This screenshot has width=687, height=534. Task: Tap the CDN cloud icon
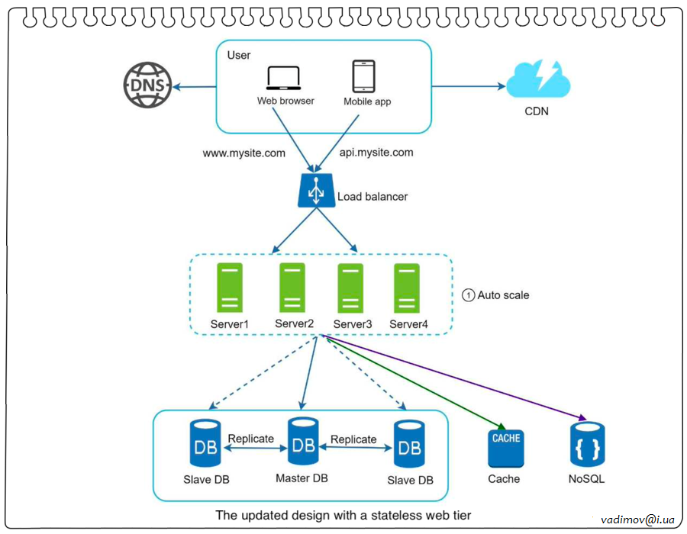coord(537,79)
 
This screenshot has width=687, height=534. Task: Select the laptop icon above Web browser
coord(283,79)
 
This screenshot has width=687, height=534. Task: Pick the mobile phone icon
coord(363,76)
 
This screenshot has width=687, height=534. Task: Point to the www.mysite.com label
coord(244,153)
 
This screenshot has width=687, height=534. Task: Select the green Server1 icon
coord(230,288)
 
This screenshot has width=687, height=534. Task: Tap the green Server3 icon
coord(350,288)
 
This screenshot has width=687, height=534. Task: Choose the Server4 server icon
coord(406,288)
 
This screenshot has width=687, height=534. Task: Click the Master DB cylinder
coord(302,443)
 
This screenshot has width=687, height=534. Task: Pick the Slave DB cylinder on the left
coord(205,445)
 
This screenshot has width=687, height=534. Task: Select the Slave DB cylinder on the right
coord(409,446)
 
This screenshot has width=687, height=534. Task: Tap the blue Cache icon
coord(506,448)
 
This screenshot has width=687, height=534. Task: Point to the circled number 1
coord(469,295)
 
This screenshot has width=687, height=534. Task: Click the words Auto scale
coord(503,295)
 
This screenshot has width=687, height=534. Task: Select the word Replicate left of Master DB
coord(250,439)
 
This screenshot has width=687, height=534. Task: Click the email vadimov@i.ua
coord(638,519)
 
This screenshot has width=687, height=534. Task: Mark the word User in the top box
coord(239,55)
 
